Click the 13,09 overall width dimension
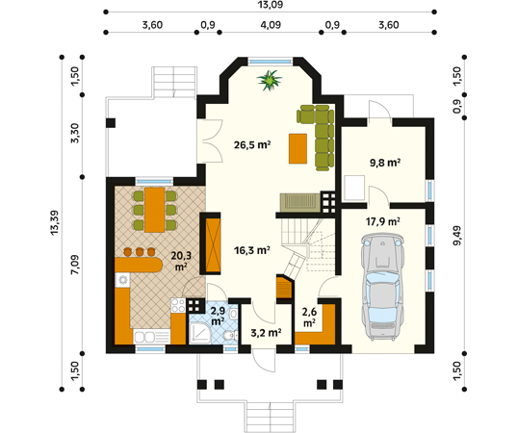coord(271,5)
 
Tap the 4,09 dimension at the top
coord(271,25)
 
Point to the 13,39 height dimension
coord(55,223)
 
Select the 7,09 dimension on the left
coord(75,265)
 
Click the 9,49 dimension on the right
coord(457,236)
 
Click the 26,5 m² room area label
coord(252,145)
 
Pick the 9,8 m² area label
coord(385,163)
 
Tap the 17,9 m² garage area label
coord(383,221)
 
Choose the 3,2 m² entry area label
coord(266,333)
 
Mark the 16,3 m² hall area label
coord(252,250)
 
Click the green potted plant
coord(270,80)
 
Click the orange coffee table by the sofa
coord(297,148)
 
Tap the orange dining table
coord(155,210)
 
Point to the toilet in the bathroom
coord(228,336)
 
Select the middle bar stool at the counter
coord(140,252)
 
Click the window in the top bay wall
coord(270,61)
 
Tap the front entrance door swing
coord(264,362)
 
